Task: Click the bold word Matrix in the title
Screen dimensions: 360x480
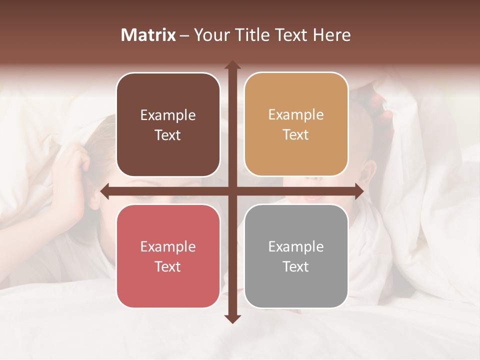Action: pos(148,35)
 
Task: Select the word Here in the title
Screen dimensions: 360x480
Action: pos(332,35)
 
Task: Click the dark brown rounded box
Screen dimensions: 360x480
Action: pos(168,125)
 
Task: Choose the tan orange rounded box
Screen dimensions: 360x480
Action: pos(296,124)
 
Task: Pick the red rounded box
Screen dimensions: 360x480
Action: pos(168,256)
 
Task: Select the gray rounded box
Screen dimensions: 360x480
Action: pos(296,256)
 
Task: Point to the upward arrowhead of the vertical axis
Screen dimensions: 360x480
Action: pos(232,65)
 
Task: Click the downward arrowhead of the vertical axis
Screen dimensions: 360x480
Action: pos(232,318)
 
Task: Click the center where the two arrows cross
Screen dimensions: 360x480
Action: pos(232,191)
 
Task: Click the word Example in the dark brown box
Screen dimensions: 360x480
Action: pos(168,115)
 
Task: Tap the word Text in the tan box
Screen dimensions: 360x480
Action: pos(296,135)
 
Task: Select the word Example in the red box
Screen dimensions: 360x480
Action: pos(168,246)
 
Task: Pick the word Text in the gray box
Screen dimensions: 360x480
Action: pos(296,266)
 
